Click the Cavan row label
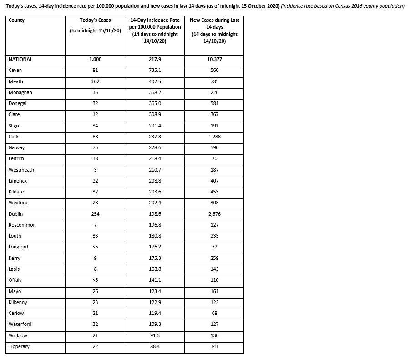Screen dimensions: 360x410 tap(15, 71)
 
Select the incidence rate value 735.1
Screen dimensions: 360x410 tap(155, 71)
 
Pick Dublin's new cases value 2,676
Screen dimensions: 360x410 tap(214, 214)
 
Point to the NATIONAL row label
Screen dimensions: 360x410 tap(20, 59)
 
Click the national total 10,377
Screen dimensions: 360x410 tap(214, 59)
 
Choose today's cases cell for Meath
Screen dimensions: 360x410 tap(95, 81)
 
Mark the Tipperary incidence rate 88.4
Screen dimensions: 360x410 tap(155, 346)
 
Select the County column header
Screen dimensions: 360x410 tap(16, 20)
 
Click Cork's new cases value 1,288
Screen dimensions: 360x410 tap(214, 137)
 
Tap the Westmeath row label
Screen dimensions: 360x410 tap(21, 170)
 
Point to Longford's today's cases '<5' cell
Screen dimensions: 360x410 tap(95, 247)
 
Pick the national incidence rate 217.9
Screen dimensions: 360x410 tap(155, 59)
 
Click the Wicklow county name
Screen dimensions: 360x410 tap(18, 335)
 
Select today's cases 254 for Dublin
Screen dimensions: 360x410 tap(95, 214)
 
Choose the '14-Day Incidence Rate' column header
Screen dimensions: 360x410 tap(155, 30)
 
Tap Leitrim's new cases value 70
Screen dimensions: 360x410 tap(214, 158)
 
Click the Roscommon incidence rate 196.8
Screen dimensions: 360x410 tap(155, 225)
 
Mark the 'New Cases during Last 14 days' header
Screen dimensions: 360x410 tap(214, 30)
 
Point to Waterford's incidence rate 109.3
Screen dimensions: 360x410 tap(155, 324)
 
